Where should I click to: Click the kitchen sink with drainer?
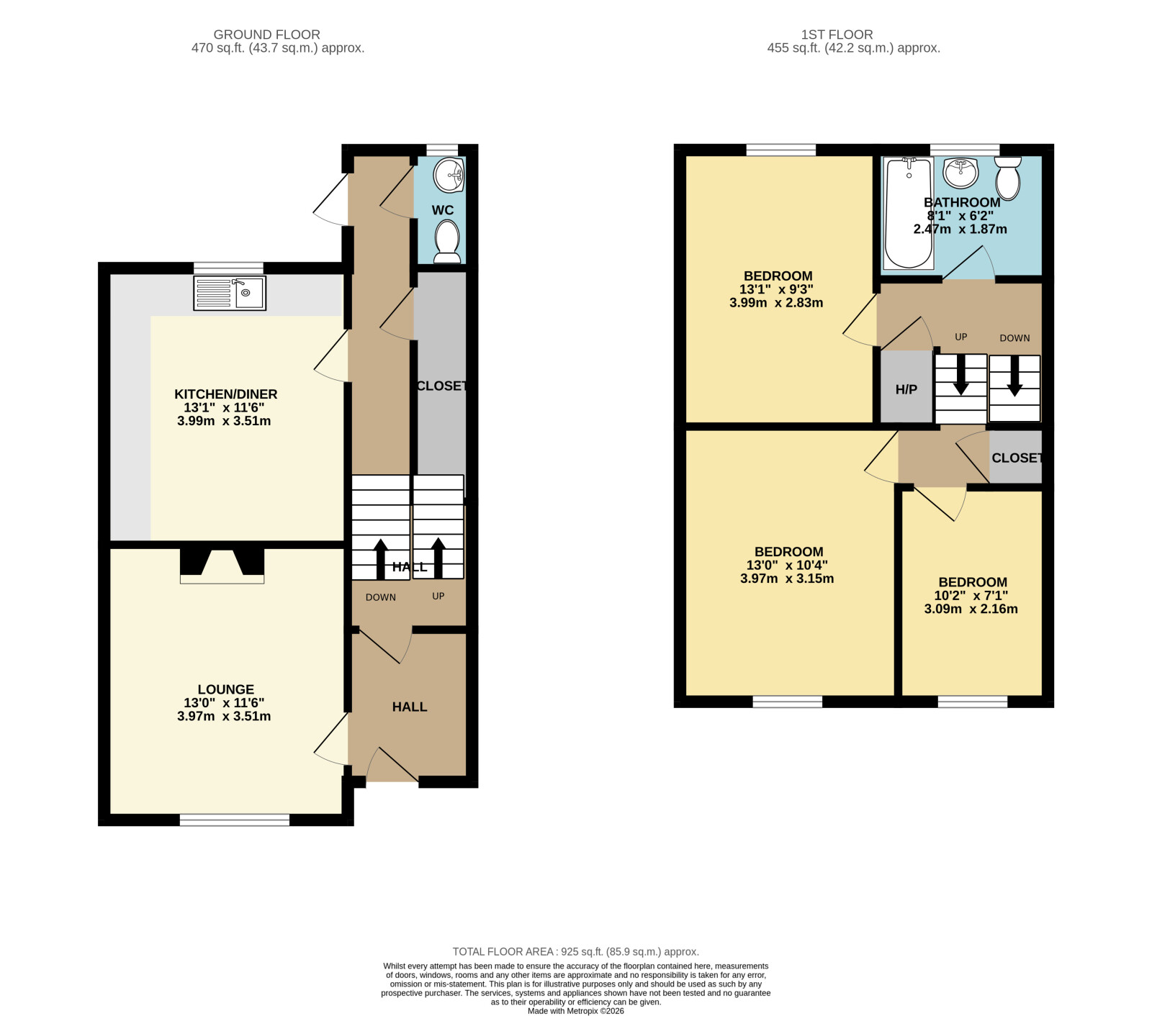230,294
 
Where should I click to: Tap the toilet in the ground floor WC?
447,241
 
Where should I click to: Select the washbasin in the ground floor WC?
451,175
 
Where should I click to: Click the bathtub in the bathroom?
909,214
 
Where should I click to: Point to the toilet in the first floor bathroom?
1008,178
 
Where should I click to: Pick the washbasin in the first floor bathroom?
960,173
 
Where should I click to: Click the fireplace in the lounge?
222,566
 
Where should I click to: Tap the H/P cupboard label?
906,390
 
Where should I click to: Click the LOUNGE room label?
226,689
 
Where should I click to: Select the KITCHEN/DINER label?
226,394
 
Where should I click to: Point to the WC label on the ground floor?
443,210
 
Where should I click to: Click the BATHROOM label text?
962,202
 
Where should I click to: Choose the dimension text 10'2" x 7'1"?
971,596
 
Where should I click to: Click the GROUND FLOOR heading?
267,35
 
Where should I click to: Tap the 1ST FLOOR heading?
837,35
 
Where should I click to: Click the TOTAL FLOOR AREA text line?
576,951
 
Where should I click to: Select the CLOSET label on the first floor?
1017,458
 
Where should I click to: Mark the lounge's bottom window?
235,820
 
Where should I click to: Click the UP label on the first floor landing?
960,337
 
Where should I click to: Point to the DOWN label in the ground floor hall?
381,597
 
